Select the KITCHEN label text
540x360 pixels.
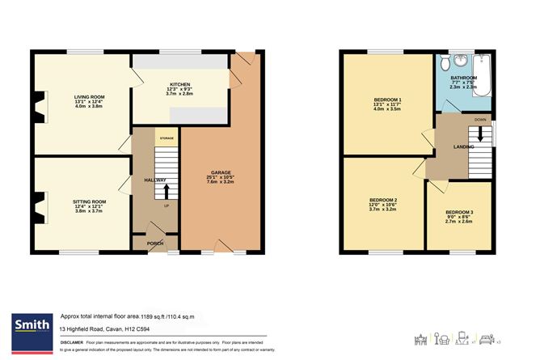(x=179, y=84)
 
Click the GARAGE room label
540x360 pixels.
(x=221, y=172)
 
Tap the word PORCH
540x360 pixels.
(x=155, y=243)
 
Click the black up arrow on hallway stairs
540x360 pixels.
(x=167, y=192)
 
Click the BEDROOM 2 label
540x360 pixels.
(x=383, y=200)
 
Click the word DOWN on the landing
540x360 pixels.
(x=480, y=119)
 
